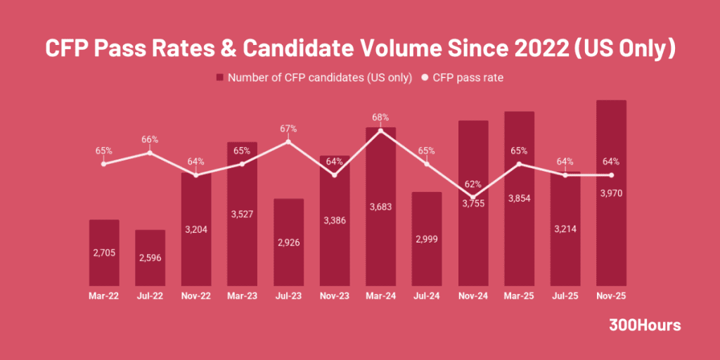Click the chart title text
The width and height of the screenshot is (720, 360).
[x=360, y=48]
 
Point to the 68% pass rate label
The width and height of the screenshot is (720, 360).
[x=380, y=117]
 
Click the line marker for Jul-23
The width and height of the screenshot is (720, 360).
[x=288, y=142]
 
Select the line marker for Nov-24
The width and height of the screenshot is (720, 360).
[x=472, y=198]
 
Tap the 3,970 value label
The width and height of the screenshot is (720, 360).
[x=611, y=193]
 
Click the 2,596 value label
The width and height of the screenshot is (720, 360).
[x=150, y=257]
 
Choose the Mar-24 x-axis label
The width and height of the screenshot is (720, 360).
[x=380, y=297]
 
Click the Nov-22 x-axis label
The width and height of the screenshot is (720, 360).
[x=196, y=297]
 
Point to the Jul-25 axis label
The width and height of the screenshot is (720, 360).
[x=565, y=297]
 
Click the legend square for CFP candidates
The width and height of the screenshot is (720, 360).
[x=220, y=78]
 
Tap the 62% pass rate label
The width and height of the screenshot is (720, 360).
[x=472, y=184]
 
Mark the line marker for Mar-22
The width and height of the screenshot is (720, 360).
[x=104, y=164]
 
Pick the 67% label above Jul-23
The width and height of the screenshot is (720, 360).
[x=288, y=129]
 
